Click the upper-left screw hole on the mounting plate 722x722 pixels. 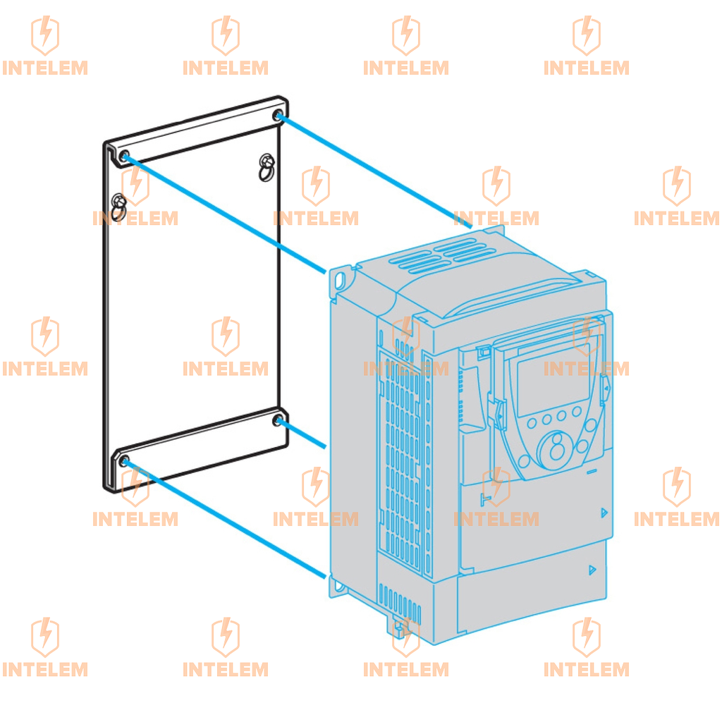[125, 156]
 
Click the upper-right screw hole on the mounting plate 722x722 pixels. [279, 116]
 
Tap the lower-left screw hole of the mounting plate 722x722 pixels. [124, 461]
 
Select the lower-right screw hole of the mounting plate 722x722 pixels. [278, 421]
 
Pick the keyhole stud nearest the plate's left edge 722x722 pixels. [118, 205]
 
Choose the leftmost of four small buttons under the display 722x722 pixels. [532, 422]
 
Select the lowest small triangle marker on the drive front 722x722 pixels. [592, 570]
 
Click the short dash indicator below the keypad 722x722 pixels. [592, 470]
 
